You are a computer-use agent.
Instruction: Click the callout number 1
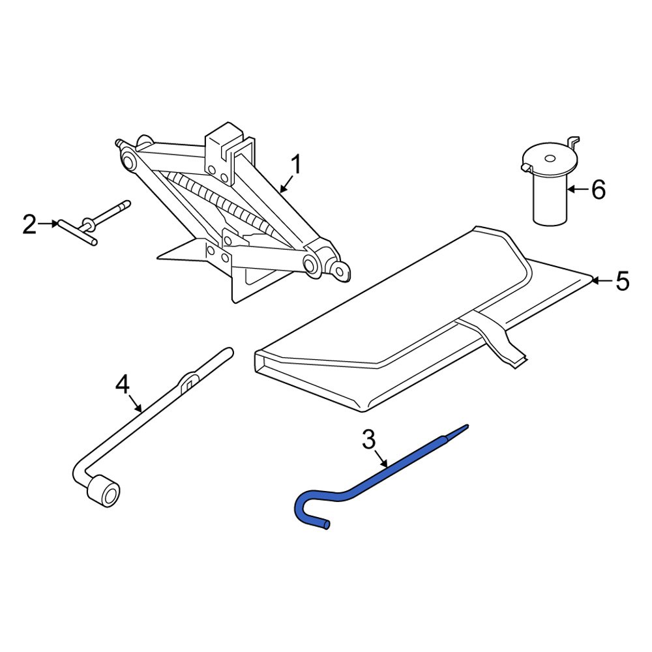point(295,166)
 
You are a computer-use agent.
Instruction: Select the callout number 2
point(29,225)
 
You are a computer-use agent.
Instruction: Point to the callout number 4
point(122,385)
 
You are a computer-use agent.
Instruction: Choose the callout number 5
point(623,282)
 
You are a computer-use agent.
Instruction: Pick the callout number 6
point(598,190)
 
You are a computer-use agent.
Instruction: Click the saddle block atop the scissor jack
point(228,147)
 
